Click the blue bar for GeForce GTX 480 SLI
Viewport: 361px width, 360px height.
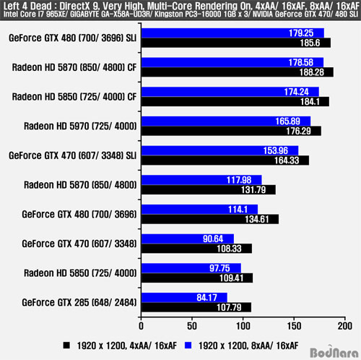232,33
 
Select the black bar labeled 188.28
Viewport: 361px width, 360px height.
238,72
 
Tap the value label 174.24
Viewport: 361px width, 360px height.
296,92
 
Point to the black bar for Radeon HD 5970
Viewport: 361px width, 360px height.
231,131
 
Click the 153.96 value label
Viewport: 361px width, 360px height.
275,150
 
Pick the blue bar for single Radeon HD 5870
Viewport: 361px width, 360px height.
201,180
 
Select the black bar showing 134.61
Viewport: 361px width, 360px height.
210,219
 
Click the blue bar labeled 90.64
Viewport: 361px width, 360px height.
188,239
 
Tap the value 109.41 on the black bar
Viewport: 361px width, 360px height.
231,278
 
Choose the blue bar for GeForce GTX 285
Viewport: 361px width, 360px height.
184,298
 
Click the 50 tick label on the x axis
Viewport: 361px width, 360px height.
192,326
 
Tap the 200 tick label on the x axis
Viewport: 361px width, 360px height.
345,326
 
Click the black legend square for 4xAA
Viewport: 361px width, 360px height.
66,346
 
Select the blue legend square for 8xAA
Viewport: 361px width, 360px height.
188,346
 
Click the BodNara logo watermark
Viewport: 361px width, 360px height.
334,352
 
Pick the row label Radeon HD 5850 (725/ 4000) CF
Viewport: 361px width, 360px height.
74,97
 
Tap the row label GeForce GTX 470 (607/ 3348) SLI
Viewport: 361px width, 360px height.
73,155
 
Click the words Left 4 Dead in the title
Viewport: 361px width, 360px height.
27,6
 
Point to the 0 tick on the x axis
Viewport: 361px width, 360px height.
141,326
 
